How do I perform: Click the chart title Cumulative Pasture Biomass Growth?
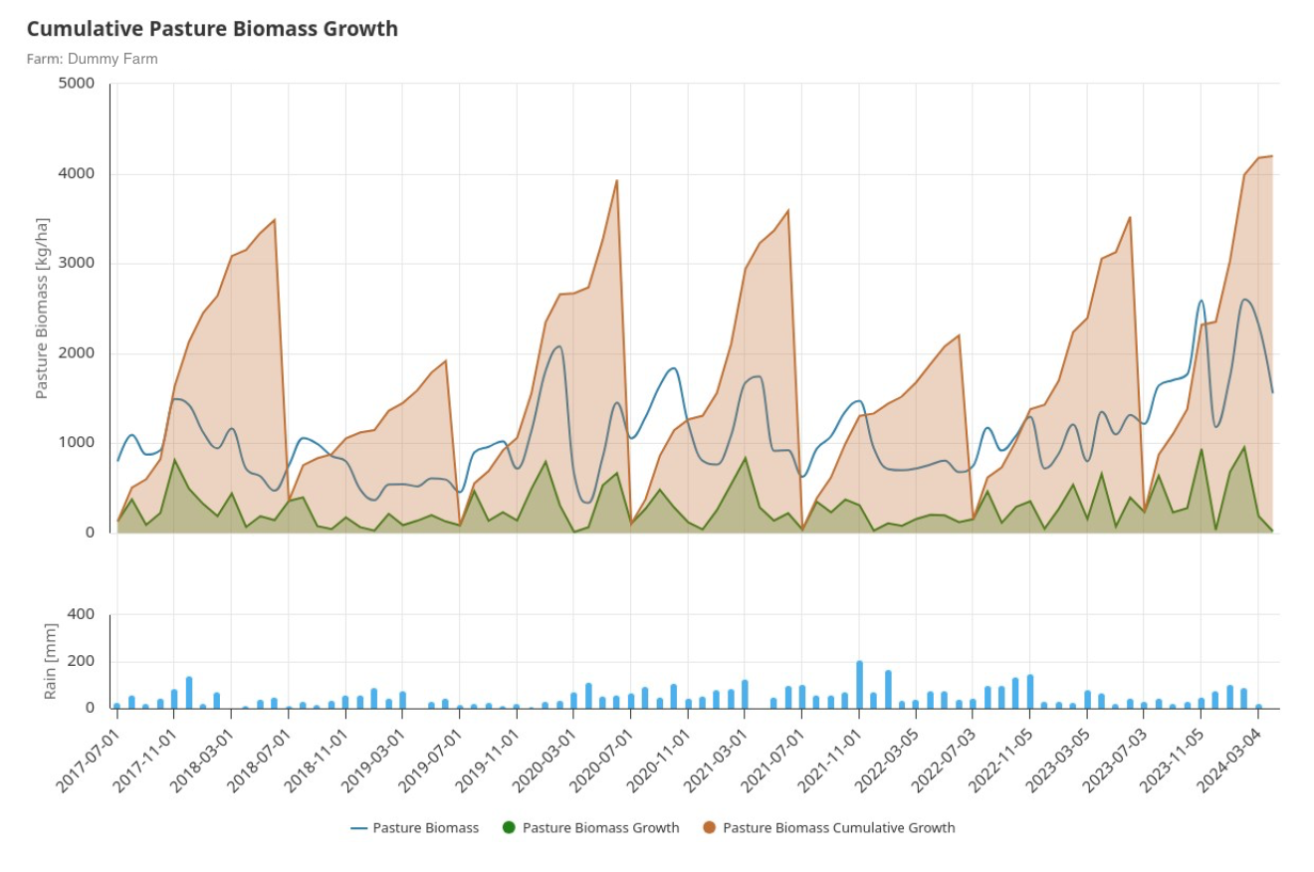[212, 29]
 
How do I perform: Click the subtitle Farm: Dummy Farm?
[92, 59]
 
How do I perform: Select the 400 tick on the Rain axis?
[81, 614]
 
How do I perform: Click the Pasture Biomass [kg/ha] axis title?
[43, 309]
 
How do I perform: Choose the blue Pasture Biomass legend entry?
[415, 827]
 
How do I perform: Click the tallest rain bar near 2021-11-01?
[859, 685]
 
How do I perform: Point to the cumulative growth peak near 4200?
[1271, 156]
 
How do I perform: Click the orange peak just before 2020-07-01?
[617, 181]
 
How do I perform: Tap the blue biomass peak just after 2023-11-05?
[1202, 301]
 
